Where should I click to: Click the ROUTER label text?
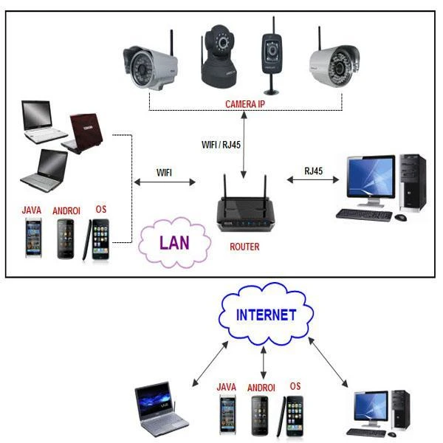[244, 247]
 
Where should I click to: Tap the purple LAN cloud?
[174, 242]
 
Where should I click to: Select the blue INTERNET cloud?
[265, 315]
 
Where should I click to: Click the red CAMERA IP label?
[244, 105]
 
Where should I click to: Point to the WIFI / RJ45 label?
[221, 145]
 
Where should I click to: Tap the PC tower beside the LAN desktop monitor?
[412, 182]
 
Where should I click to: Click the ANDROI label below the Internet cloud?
[261, 387]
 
